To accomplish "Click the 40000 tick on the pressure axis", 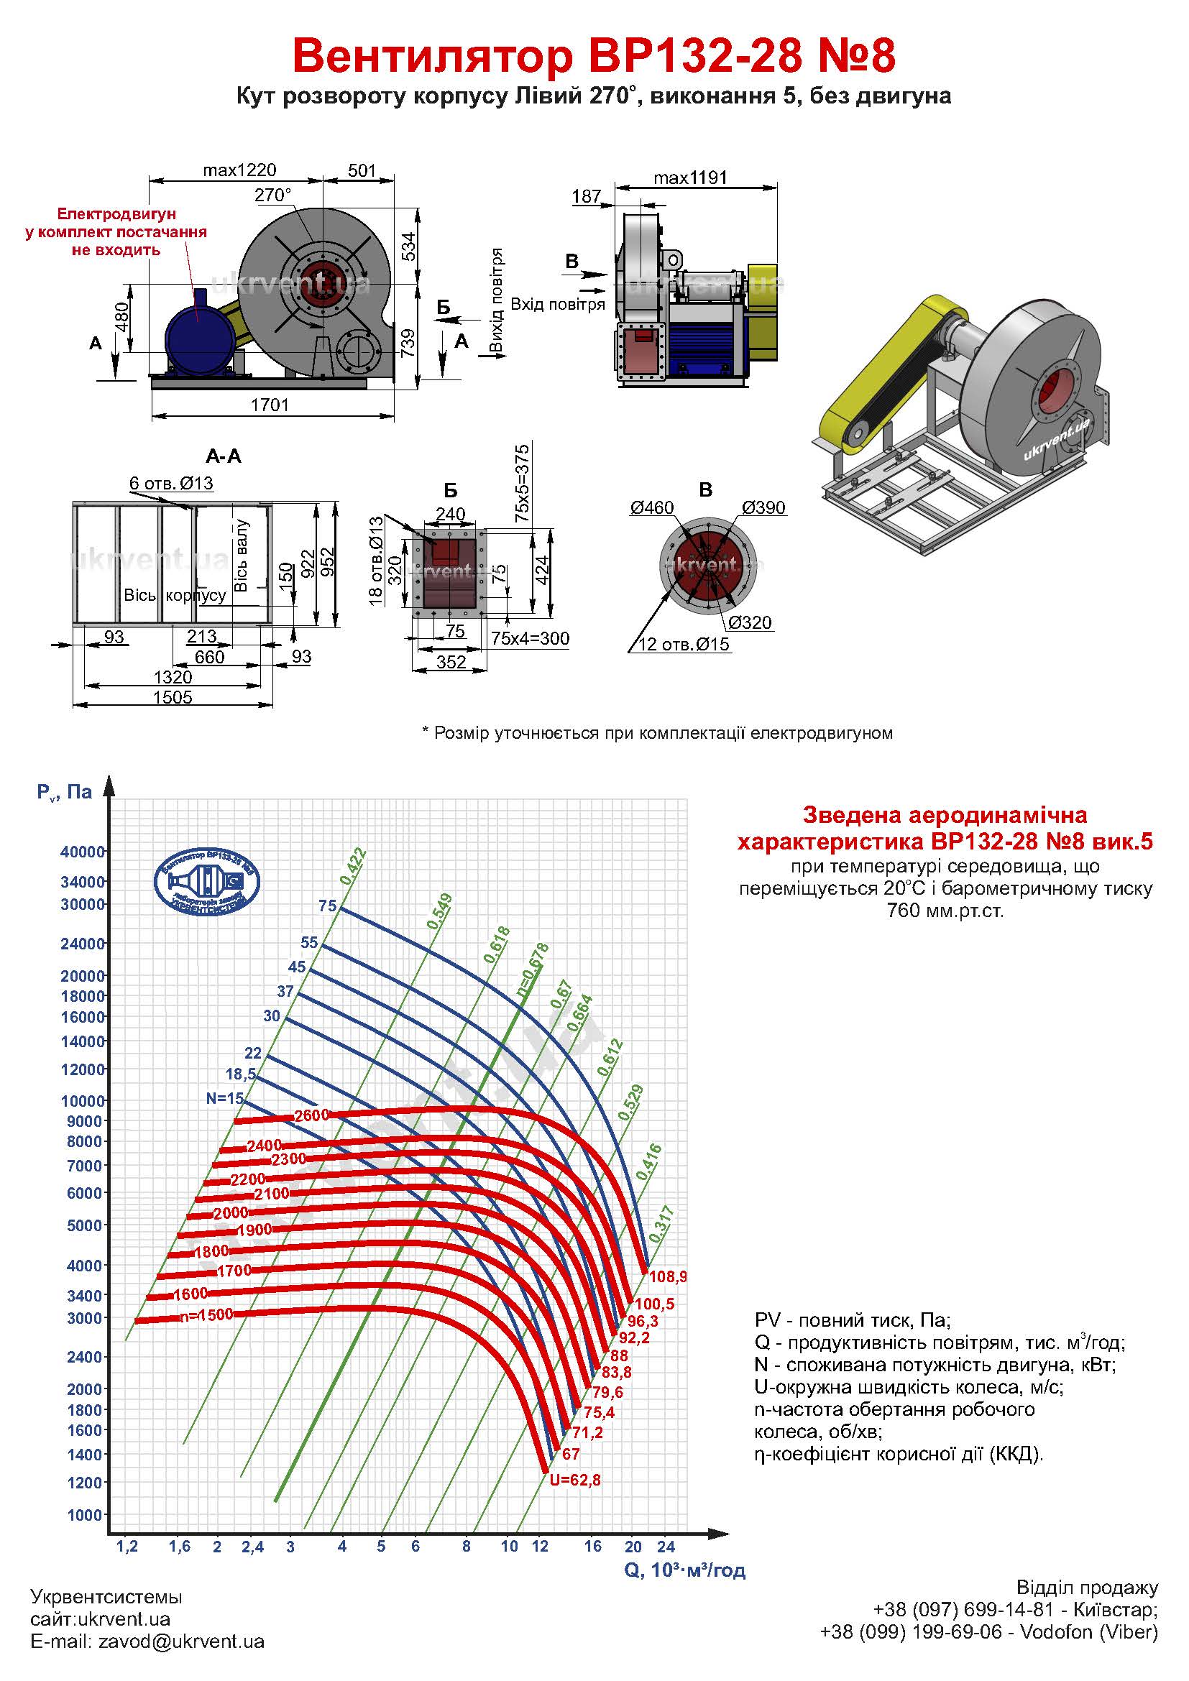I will (x=82, y=852).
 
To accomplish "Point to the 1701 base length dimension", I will (x=270, y=405).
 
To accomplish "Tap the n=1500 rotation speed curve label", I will (x=206, y=1314).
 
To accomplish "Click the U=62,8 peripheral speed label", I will (x=575, y=1480).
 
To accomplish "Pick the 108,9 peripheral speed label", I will (x=668, y=1277).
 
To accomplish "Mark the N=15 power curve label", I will (x=224, y=1098).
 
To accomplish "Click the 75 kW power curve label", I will (x=327, y=906).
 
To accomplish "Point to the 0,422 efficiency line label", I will (x=353, y=866).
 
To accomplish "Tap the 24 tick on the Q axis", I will (x=665, y=1547).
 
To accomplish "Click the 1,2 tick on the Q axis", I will (x=127, y=1547).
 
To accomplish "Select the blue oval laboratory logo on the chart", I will (x=206, y=882).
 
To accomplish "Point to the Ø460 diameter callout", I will (x=651, y=507).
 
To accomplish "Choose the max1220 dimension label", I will (x=239, y=170).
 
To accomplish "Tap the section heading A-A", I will (x=224, y=456).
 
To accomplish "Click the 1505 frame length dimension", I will (x=172, y=696).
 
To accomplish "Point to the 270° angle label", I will (x=272, y=195).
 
